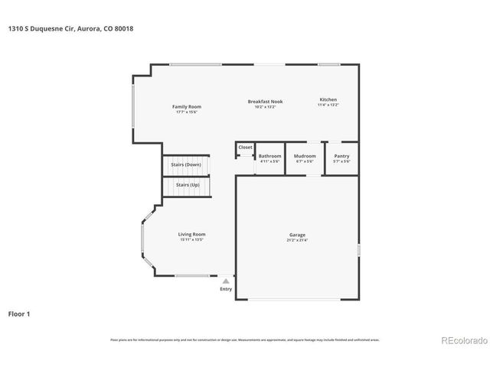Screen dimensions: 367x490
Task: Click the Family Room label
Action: pyautogui.click(x=185, y=106)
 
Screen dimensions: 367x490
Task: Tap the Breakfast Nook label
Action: pyautogui.click(x=265, y=101)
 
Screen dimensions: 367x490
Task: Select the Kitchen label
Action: pyautogui.click(x=328, y=100)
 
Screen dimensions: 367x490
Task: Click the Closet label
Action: pyautogui.click(x=245, y=148)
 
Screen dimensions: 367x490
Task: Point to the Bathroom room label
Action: pyautogui.click(x=269, y=156)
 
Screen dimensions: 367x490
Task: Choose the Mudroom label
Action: pyautogui.click(x=305, y=156)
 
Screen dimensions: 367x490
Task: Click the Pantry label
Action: pyautogui.click(x=341, y=156)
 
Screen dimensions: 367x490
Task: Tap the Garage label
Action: pyautogui.click(x=297, y=235)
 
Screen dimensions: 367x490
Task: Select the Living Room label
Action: pyautogui.click(x=192, y=234)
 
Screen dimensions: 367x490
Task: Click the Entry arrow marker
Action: pyautogui.click(x=226, y=281)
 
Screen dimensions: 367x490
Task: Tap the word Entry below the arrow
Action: pyautogui.click(x=226, y=289)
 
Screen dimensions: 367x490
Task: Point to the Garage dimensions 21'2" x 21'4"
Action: pyautogui.click(x=297, y=240)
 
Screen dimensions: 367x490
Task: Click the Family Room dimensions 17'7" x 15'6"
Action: pyautogui.click(x=185, y=112)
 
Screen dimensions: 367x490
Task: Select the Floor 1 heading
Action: pyautogui.click(x=20, y=313)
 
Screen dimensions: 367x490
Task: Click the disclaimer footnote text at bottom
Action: pyautogui.click(x=244, y=339)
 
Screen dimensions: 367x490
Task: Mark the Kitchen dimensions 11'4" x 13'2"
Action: pyautogui.click(x=328, y=106)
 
